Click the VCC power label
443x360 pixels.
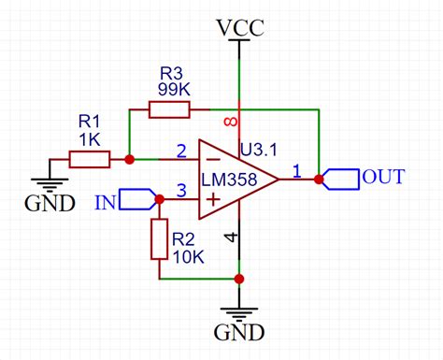(239, 27)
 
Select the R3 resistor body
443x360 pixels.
(169, 110)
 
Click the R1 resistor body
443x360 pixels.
(90, 160)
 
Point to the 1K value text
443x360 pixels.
(89, 138)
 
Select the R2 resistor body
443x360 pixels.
(159, 239)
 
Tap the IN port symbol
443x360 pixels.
(141, 199)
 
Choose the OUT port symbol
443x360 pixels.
(342, 178)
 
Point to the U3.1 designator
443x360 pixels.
(259, 149)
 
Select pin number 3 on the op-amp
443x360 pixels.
(181, 190)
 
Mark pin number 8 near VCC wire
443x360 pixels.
(230, 123)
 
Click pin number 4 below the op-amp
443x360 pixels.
(230, 238)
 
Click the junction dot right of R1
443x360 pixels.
(129, 160)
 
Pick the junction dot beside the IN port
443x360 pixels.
(159, 199)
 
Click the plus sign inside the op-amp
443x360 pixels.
(214, 199)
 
